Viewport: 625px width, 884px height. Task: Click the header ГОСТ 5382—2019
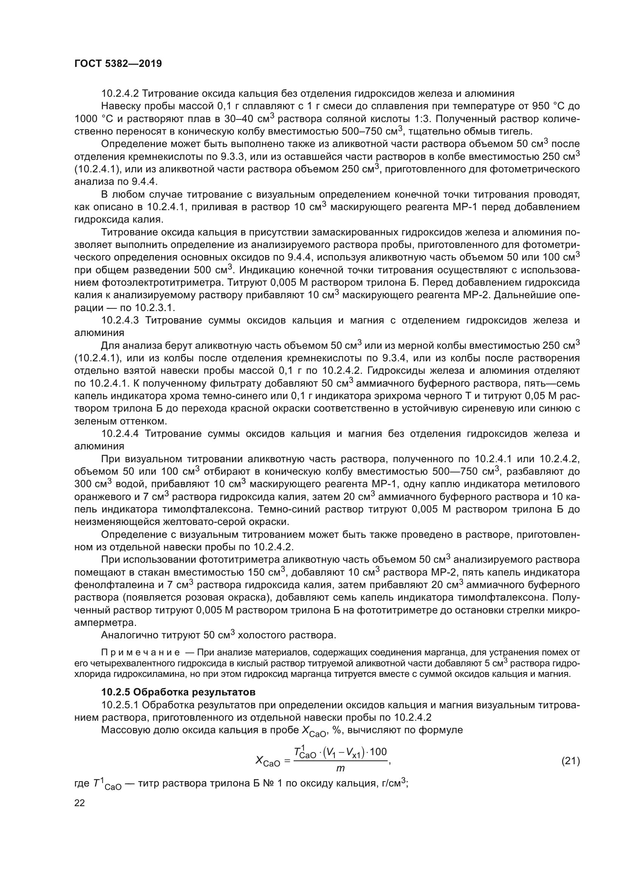pyautogui.click(x=118, y=63)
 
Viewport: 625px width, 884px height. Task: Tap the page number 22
pyautogui.click(x=79, y=803)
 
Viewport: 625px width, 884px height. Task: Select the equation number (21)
pyautogui.click(x=570, y=761)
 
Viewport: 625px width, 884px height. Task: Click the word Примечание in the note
pyautogui.click(x=140, y=653)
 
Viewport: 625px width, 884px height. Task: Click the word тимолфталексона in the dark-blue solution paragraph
pyautogui.click(x=206, y=509)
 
